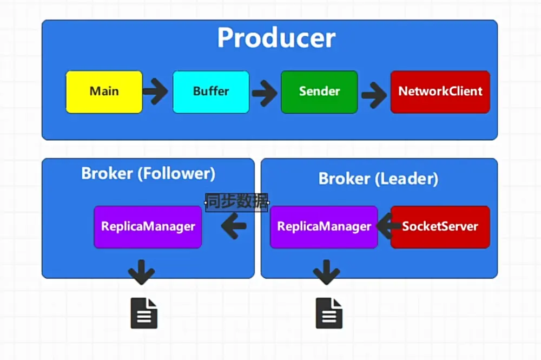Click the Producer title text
(276, 37)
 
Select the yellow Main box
(104, 92)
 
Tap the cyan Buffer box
(211, 92)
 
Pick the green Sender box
(319, 92)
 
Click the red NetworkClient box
(440, 92)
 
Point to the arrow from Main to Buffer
(155, 91)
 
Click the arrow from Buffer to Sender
(265, 93)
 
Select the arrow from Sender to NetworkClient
(374, 95)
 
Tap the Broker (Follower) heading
(148, 173)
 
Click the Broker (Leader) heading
(378, 179)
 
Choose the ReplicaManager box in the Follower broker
(148, 227)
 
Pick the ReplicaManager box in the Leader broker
(324, 227)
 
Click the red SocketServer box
(440, 227)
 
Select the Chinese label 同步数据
(237, 202)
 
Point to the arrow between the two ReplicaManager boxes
(234, 226)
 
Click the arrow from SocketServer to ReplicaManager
(388, 226)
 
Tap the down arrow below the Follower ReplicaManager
(141, 272)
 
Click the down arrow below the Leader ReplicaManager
(326, 272)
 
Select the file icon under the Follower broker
(144, 313)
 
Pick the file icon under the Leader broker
(329, 313)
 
